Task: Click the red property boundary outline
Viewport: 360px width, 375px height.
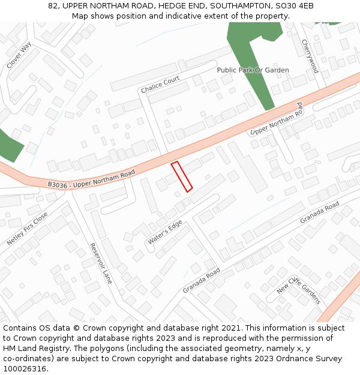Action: pos(182,177)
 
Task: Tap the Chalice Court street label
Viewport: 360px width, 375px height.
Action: pos(160,85)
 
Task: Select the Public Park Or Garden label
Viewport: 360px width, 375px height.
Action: pos(253,70)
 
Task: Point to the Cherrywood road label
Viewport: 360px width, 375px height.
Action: pos(310,56)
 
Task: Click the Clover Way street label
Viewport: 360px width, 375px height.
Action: pos(19,55)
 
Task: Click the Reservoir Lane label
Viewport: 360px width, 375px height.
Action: pos(100,263)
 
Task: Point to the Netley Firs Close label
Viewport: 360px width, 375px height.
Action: pos(27,229)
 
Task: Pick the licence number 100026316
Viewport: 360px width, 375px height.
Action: pos(25,369)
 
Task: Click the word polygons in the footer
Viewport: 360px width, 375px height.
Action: pos(108,349)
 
